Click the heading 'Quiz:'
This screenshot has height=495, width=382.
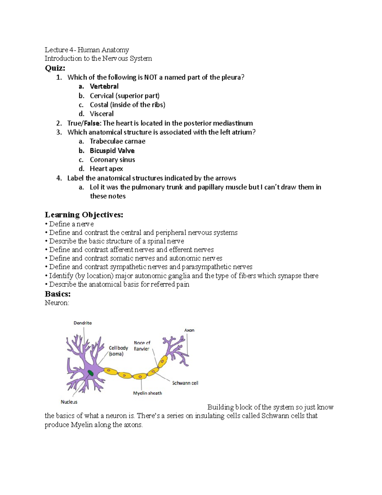[x=55, y=68]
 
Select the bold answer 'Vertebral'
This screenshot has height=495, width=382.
[x=104, y=86]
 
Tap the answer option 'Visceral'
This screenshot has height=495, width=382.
[x=102, y=114]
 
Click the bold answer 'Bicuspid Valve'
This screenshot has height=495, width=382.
[x=112, y=150]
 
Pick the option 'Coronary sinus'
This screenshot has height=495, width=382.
[x=112, y=160]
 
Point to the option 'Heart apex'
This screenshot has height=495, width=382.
[x=106, y=169]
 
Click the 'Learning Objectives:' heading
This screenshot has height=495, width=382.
[x=84, y=215]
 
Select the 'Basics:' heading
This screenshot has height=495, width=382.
[x=58, y=294]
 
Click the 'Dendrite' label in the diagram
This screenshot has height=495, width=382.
[x=83, y=323]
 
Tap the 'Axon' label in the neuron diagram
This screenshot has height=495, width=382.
[x=189, y=330]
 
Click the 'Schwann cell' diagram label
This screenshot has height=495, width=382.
[x=185, y=383]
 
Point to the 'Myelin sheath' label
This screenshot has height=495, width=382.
[x=147, y=393]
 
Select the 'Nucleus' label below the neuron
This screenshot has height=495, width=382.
[x=69, y=402]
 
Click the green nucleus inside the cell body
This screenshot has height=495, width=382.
[x=91, y=373]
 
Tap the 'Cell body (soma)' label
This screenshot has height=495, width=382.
[x=118, y=351]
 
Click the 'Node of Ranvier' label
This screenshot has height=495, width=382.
[x=142, y=346]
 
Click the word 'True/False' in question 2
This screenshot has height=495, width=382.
[x=83, y=123]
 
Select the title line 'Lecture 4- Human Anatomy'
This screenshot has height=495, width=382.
[x=87, y=50]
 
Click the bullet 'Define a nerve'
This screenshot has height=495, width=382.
[x=71, y=224]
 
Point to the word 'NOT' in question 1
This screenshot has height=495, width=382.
[x=151, y=77]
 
